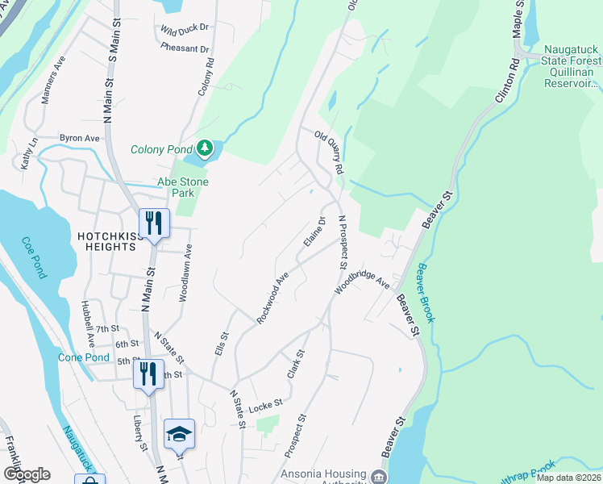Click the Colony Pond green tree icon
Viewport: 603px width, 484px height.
click(206, 148)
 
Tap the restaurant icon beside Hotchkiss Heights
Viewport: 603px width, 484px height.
click(151, 223)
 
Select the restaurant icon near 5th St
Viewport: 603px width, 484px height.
click(147, 373)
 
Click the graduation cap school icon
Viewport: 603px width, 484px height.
click(178, 434)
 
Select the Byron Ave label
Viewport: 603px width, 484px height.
click(79, 138)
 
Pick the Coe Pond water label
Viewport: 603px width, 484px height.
click(37, 256)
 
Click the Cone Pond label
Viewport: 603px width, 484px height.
click(83, 357)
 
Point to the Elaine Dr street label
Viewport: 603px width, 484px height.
click(314, 232)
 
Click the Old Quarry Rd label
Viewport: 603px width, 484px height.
click(329, 153)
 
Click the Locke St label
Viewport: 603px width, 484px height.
click(265, 403)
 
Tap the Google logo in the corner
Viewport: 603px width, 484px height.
click(27, 474)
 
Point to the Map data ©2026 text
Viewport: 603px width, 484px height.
click(568, 478)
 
